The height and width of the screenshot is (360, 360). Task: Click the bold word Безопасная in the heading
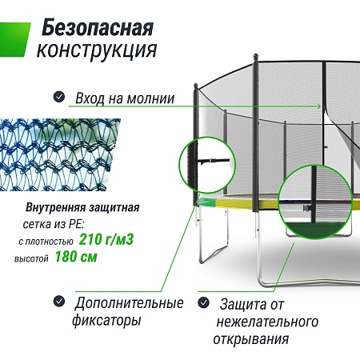point(98,27)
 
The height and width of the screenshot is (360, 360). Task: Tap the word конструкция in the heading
point(97,50)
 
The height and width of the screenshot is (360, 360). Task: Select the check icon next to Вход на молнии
point(59,97)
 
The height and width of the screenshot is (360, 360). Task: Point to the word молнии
point(150,98)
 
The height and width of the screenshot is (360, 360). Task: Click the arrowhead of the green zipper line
point(318,106)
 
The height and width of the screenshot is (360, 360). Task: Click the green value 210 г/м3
point(106,239)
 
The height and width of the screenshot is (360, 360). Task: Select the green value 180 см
point(76,257)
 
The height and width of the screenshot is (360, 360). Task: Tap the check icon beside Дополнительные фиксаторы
point(59,302)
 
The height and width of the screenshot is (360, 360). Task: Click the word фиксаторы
point(106,320)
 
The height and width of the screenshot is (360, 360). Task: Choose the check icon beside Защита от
point(204,302)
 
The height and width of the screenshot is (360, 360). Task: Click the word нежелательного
point(267,322)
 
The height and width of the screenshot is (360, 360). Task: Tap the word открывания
point(251,339)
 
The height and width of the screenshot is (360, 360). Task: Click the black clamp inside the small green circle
point(213,161)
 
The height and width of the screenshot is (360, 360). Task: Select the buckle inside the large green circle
point(307,208)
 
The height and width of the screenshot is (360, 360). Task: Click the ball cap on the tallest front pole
point(255,57)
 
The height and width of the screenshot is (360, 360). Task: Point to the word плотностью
point(46,242)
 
